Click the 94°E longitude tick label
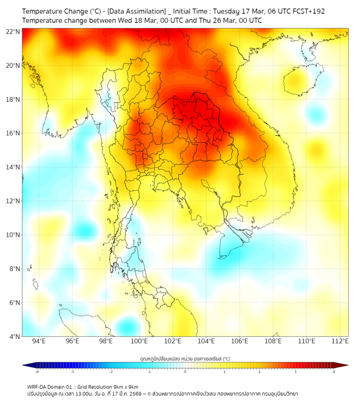coord(39,342)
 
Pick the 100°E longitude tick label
coord(139,342)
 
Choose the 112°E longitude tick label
coord(340,342)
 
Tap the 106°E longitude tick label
coord(240,342)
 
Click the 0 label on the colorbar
coord(185,372)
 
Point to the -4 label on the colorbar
coord(37,372)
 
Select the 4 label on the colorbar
coord(334,372)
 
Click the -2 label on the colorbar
coord(111,372)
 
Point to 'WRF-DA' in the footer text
coord(38,386)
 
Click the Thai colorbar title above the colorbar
coord(185,359)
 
